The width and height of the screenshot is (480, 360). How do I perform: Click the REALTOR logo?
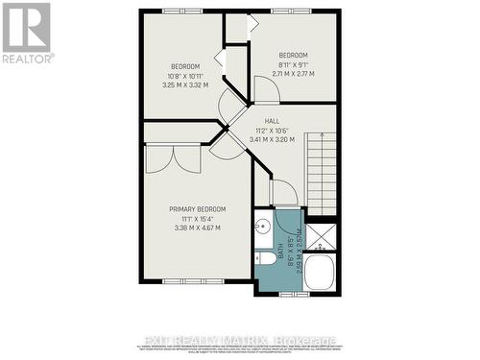[x=27, y=32]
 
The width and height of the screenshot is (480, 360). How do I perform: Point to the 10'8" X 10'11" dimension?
[x=185, y=75]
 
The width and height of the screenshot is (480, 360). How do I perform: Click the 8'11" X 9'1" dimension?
[x=293, y=63]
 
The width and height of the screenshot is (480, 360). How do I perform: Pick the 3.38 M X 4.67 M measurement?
[x=197, y=228]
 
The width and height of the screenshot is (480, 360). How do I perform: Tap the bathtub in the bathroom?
[x=320, y=272]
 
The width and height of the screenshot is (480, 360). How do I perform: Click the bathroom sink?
[x=263, y=228]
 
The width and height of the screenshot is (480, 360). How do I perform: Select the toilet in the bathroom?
[x=264, y=259]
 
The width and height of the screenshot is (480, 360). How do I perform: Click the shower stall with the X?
[x=324, y=234]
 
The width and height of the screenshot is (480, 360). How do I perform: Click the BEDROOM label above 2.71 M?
[x=293, y=54]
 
